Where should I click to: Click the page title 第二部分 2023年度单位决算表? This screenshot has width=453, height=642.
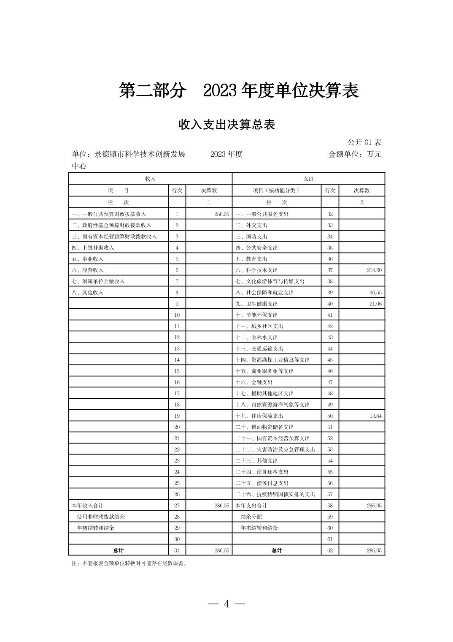(239, 91)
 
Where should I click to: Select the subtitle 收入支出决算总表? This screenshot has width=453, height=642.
(227, 125)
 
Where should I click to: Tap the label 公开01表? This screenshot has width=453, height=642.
(364, 142)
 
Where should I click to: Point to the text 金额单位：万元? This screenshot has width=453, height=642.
(355, 154)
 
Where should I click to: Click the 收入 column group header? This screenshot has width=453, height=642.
(150, 179)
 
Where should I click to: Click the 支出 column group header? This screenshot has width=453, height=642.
(308, 179)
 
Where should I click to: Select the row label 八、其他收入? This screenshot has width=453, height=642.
(87, 292)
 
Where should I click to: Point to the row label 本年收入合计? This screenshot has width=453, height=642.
(87, 505)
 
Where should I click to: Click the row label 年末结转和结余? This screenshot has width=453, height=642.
(259, 528)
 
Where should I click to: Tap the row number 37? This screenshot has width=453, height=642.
(330, 270)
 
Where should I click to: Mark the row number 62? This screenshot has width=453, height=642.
(330, 550)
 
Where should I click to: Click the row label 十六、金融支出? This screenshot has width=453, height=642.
(254, 382)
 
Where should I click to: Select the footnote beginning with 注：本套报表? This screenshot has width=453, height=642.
(129, 563)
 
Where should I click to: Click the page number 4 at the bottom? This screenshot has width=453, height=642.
(227, 604)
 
